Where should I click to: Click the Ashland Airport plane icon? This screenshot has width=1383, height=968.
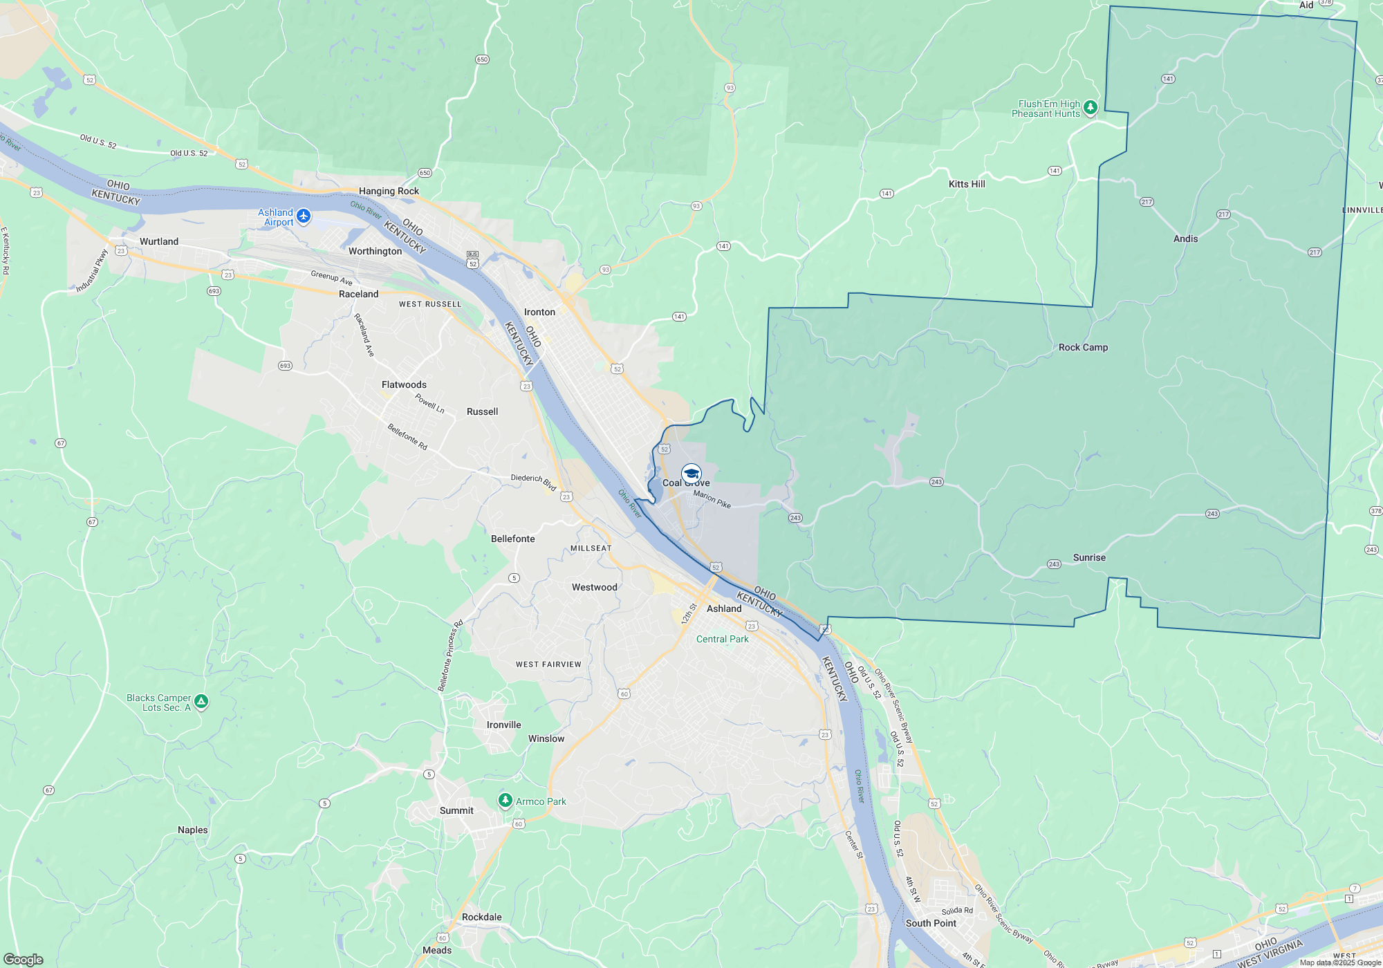(303, 216)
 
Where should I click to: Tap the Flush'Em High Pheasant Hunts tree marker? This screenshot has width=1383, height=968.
(1090, 107)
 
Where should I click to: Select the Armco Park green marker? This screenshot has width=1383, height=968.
(505, 801)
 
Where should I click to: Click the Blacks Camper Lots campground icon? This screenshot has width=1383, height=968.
(201, 702)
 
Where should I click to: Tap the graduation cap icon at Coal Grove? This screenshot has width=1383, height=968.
(691, 474)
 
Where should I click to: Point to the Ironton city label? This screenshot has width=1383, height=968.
(539, 312)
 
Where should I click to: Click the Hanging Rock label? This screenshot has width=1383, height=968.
(389, 191)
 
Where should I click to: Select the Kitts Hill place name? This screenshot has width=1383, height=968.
(967, 184)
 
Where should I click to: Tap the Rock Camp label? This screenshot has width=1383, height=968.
(1083, 347)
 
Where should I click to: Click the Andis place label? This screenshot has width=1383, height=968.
(1185, 239)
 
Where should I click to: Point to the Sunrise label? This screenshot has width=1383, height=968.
(1089, 557)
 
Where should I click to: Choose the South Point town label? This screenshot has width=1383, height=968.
(931, 923)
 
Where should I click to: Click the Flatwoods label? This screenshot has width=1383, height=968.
(404, 384)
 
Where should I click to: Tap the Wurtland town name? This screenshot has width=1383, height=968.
(159, 241)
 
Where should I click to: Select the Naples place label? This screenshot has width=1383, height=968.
(192, 830)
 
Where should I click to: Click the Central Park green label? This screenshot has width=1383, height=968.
(722, 639)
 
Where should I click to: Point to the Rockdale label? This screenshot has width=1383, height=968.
(481, 917)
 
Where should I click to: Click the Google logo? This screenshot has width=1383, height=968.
(24, 959)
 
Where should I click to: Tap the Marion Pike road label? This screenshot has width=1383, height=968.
(712, 499)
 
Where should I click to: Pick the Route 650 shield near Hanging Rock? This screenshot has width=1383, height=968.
(425, 173)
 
